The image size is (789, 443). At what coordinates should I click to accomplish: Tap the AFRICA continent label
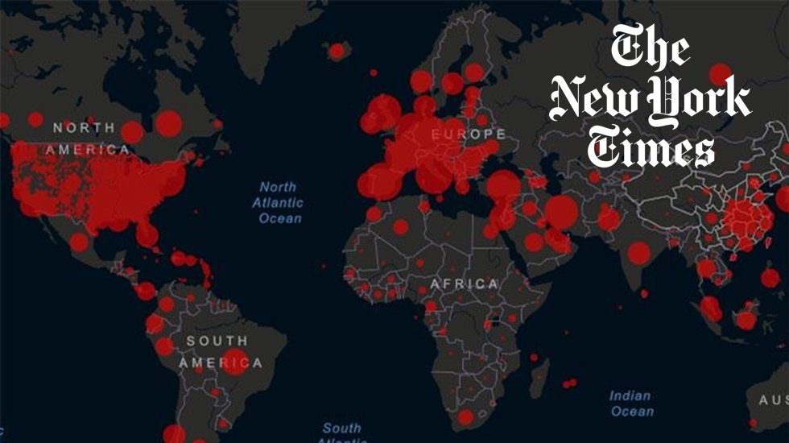pos(464,284)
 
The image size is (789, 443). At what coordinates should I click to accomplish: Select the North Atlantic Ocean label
pos(278,202)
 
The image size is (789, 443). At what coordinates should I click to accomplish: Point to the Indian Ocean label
pos(630,404)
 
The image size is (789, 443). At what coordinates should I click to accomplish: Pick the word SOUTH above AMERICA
pos(217,341)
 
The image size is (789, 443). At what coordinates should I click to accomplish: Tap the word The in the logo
pos(649,49)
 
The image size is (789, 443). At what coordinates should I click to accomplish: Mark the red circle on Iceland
pos(337,51)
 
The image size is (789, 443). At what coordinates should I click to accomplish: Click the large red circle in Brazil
pos(235,362)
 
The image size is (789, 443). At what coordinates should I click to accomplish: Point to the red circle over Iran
pos(561,213)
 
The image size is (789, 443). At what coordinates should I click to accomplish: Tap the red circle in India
pos(639,254)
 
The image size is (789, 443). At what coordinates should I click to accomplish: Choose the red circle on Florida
pos(147,234)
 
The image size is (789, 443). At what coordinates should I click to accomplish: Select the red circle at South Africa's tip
pos(466,417)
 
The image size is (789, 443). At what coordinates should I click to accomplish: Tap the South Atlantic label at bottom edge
pos(342,431)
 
